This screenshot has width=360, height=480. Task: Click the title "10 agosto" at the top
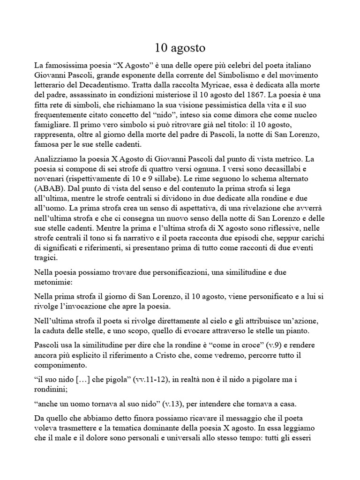[x=180, y=48]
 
